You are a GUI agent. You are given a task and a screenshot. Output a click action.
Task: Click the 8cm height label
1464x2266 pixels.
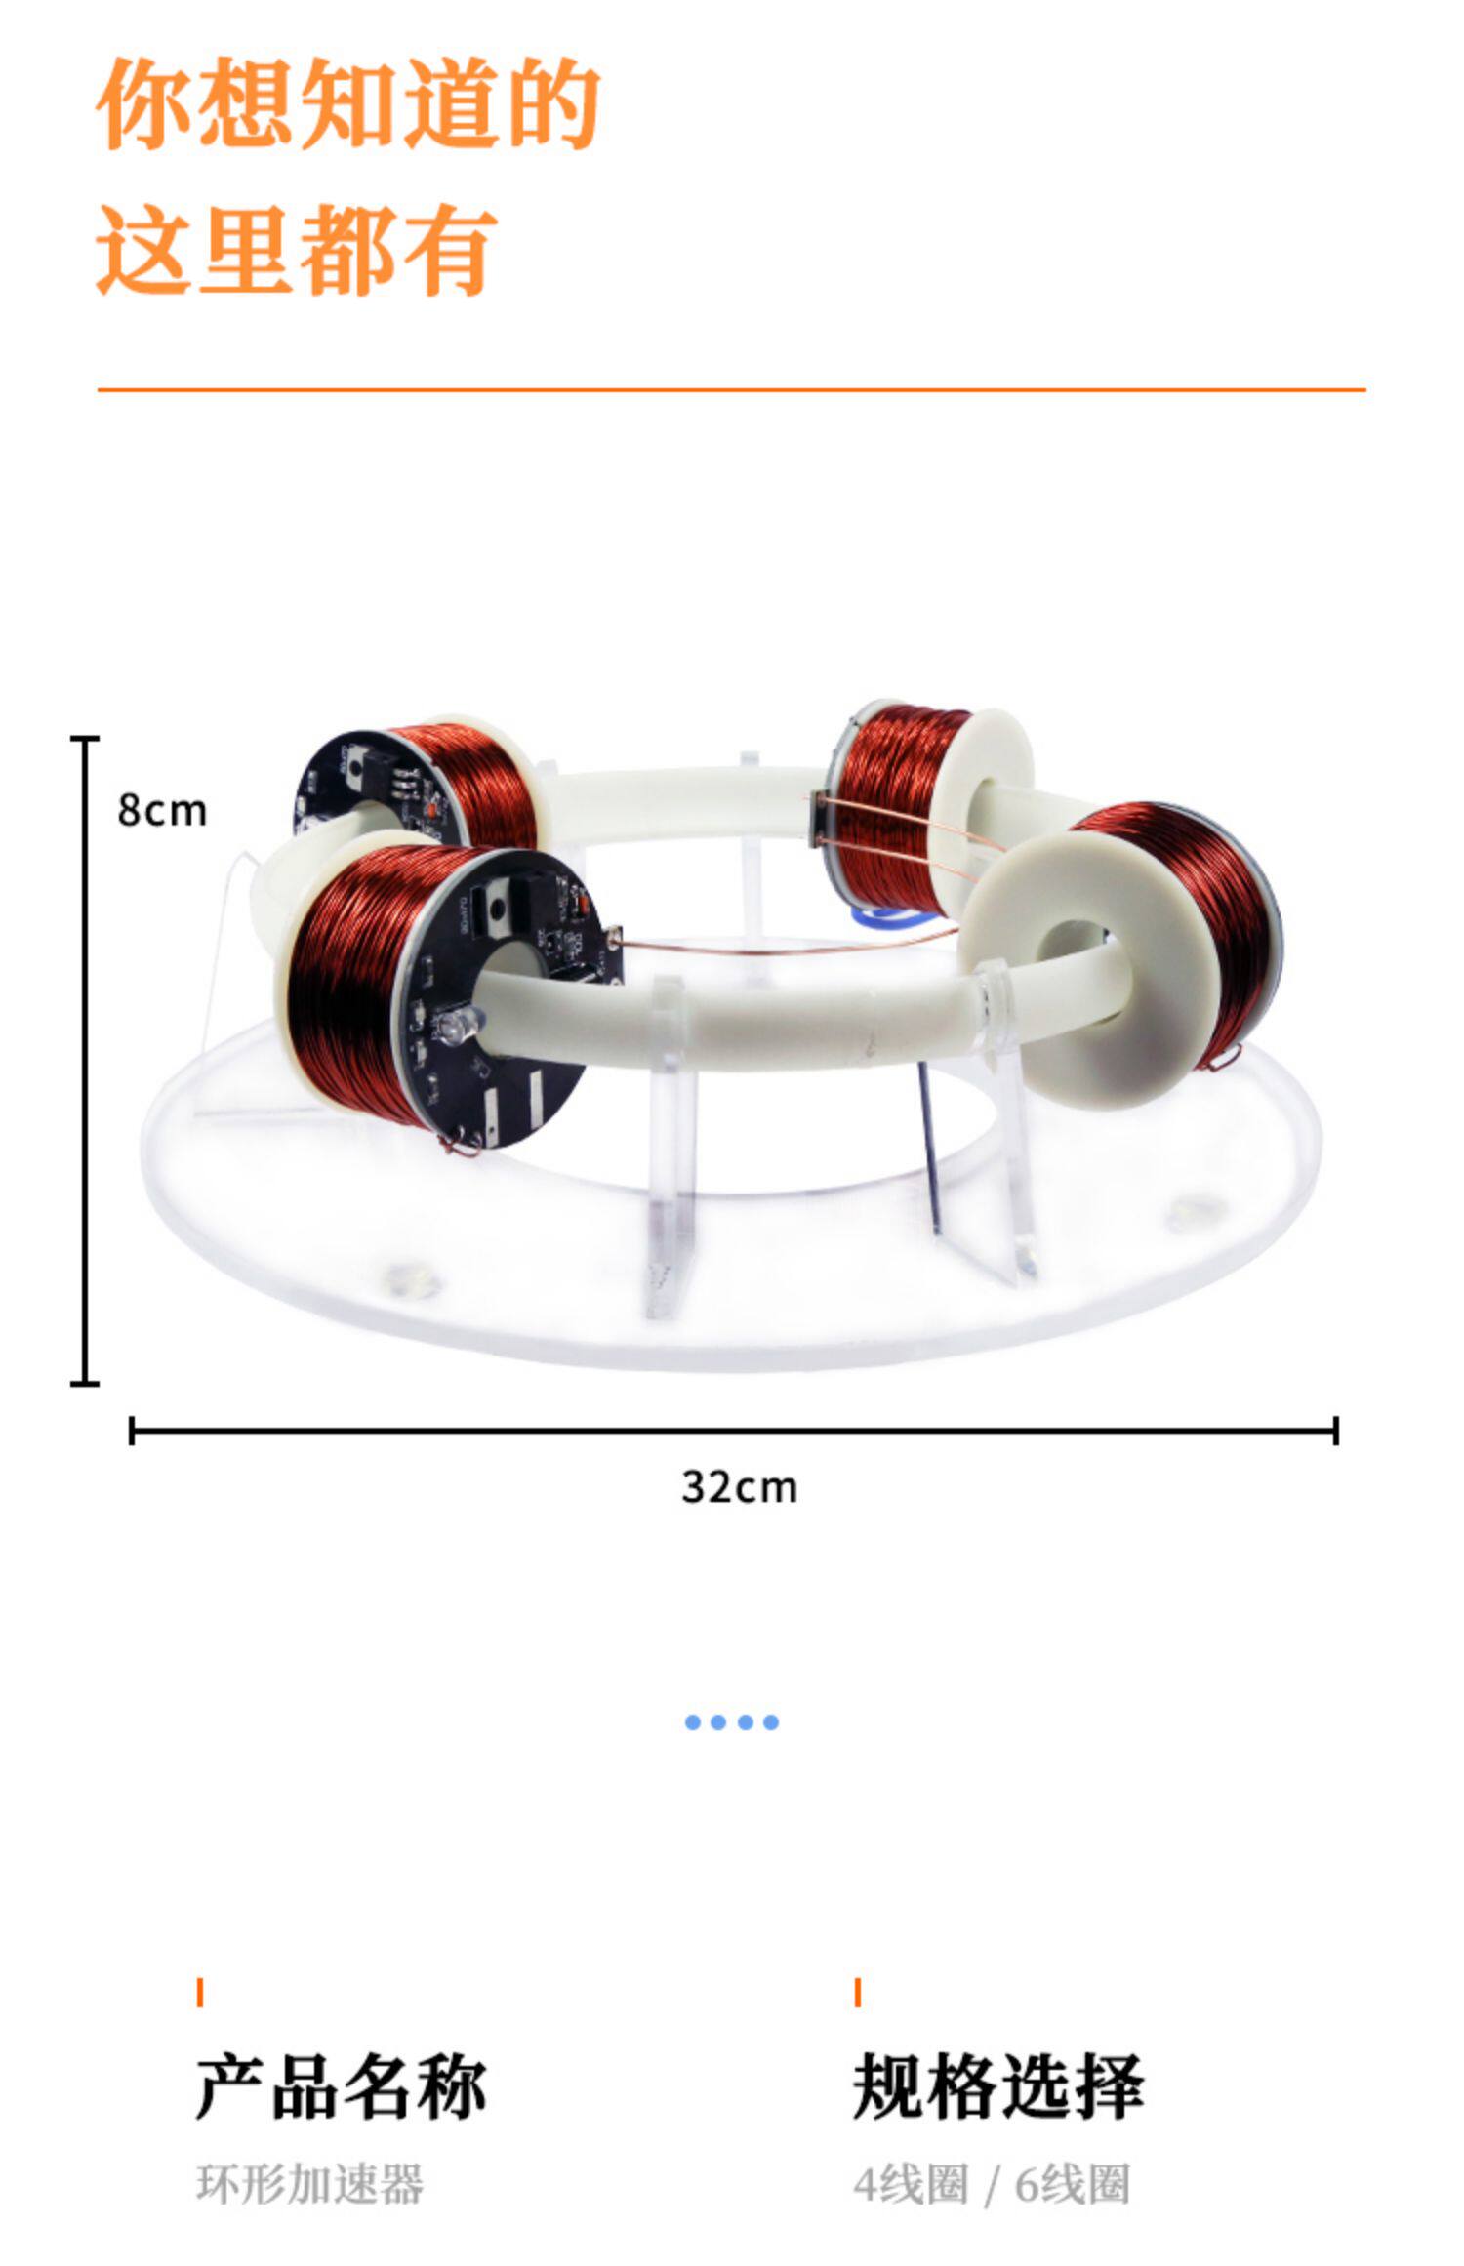pos(162,811)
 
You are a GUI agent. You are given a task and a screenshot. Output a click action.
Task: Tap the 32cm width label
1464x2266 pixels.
pos(739,1488)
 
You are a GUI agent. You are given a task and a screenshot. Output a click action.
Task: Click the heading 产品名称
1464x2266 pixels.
pos(341,2087)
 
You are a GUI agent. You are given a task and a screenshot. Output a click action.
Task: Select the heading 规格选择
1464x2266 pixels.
pos(997,2087)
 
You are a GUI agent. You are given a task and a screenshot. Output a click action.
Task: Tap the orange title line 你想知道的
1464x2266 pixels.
pos(347,102)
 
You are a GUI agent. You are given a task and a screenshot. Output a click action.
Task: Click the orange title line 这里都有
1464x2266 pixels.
pos(297,249)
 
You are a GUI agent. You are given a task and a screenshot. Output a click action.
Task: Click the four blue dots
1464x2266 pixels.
pos(732,1722)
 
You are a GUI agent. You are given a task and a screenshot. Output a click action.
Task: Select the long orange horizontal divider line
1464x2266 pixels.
pos(731,389)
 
